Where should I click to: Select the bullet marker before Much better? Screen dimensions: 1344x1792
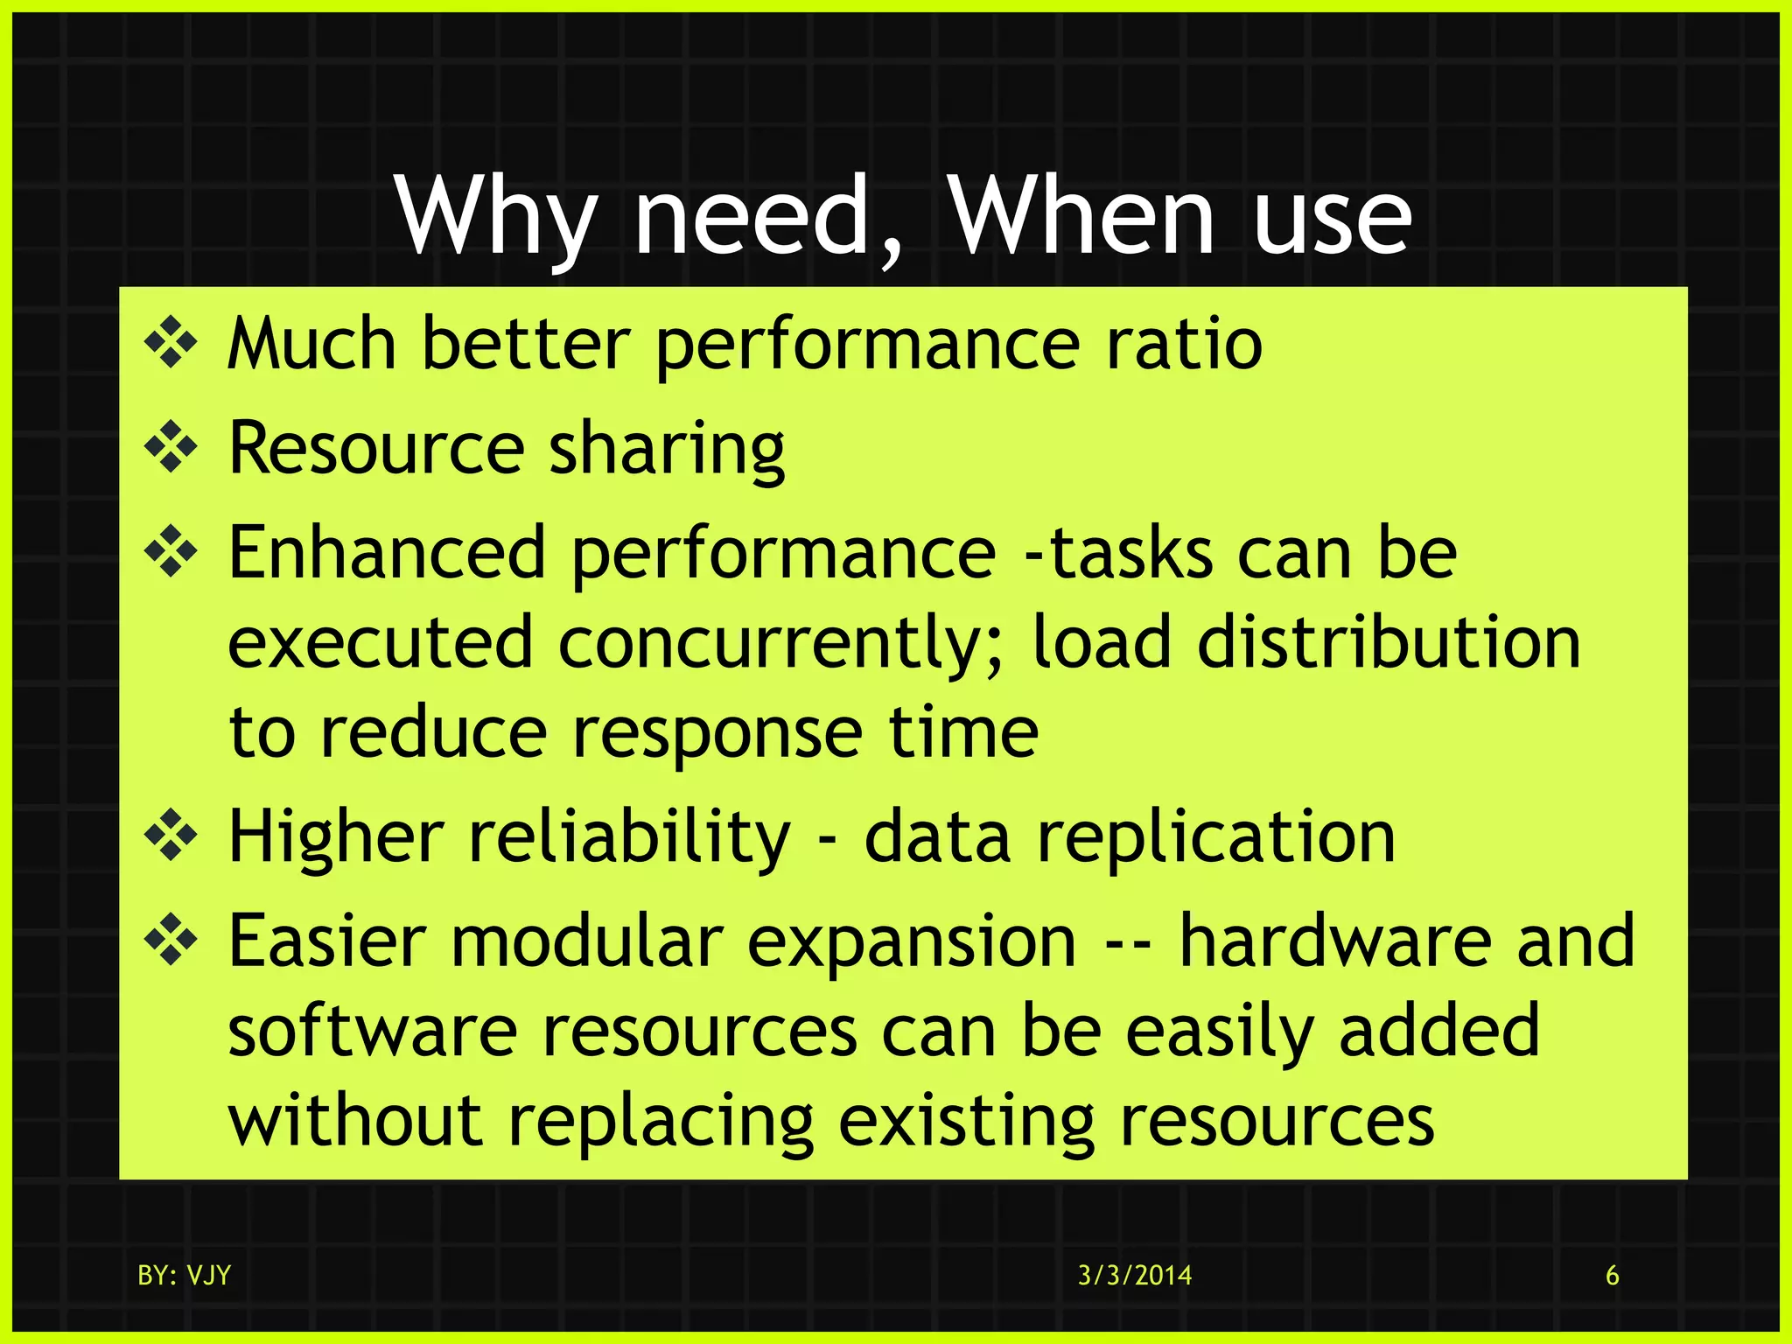(171, 344)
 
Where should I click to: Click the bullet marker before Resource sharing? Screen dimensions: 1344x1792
(171, 448)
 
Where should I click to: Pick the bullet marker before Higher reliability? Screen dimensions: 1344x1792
(171, 836)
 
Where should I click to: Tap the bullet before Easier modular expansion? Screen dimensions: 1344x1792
(171, 941)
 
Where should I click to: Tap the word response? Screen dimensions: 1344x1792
(717, 733)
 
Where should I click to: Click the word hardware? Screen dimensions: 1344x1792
(1334, 941)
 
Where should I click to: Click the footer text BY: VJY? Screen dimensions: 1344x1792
(184, 1276)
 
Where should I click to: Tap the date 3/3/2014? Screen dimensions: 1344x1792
(1134, 1276)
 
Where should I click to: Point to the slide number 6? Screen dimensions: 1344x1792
(1612, 1276)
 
